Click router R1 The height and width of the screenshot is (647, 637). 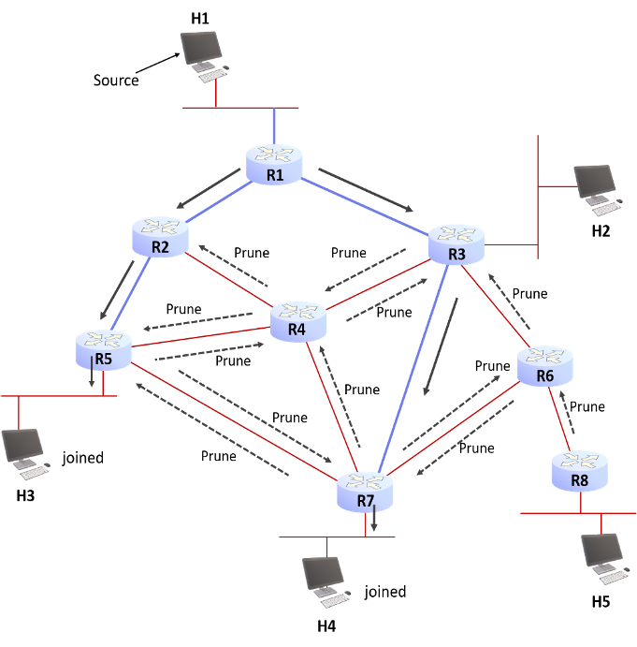[x=275, y=164]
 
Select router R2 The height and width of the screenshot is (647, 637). [x=160, y=236]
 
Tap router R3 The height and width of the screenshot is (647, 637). [x=456, y=243]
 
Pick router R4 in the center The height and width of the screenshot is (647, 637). [x=297, y=320]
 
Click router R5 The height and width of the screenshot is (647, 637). [x=103, y=349]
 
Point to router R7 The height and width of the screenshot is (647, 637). [x=365, y=491]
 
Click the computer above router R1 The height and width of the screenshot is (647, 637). [x=204, y=53]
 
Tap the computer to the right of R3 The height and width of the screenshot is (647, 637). [x=597, y=188]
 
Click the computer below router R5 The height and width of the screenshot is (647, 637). [x=24, y=453]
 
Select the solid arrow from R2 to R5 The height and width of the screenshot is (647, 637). [x=123, y=280]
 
